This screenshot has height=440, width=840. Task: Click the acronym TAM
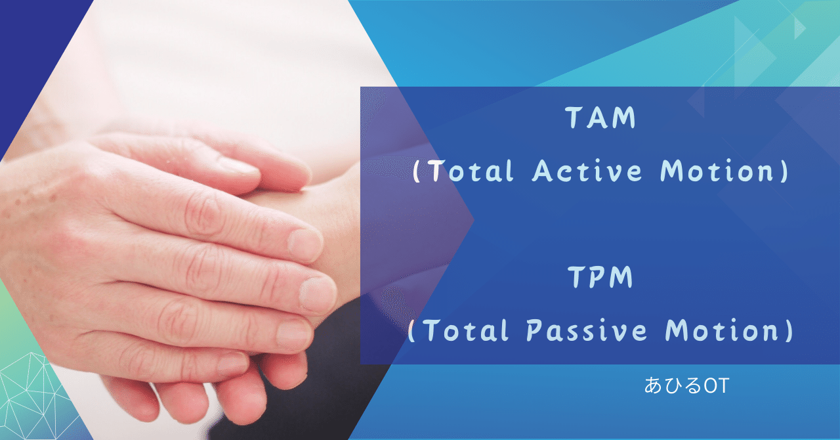point(600,118)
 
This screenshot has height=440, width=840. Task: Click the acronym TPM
point(600,278)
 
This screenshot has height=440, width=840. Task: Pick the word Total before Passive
point(463,331)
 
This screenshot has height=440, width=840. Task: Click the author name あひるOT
point(686,386)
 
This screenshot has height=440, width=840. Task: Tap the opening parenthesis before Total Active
point(416,172)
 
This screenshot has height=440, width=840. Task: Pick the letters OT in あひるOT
point(716,386)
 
